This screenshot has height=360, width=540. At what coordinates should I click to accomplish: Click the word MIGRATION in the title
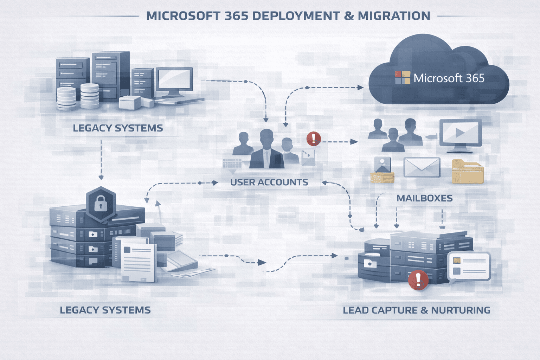[394, 16]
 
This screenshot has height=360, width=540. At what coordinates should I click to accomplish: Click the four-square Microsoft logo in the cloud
[403, 78]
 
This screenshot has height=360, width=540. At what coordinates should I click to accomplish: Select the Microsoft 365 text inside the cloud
[449, 78]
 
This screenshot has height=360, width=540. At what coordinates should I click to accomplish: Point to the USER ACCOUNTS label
[269, 182]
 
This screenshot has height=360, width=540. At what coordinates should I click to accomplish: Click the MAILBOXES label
[424, 198]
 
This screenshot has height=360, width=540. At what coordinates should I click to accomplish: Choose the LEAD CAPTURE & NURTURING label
[416, 310]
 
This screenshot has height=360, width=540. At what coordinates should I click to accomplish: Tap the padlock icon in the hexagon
[101, 203]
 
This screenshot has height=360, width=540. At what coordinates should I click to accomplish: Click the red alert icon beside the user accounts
[313, 139]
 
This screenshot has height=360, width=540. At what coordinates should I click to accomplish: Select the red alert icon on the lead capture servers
[418, 280]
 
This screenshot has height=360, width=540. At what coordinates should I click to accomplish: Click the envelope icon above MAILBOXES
[422, 167]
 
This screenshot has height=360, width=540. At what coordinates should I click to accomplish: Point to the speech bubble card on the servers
[469, 266]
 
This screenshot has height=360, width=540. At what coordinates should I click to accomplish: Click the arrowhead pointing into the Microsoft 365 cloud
[360, 87]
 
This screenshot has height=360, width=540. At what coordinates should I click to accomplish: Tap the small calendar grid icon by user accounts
[232, 164]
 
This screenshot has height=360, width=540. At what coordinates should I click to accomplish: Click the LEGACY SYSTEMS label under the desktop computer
[118, 128]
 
